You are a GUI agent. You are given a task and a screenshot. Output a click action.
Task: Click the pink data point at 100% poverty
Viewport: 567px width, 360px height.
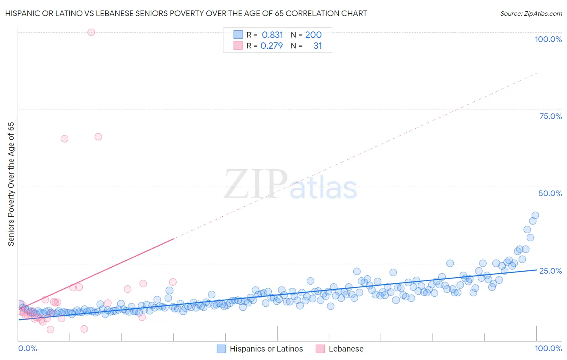91,32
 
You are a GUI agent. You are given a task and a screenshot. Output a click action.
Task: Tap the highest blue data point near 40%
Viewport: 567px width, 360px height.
535,216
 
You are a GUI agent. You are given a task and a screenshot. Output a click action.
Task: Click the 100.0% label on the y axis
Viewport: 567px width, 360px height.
548,39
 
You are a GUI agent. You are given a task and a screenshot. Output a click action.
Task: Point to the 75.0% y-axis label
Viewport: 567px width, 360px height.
550,116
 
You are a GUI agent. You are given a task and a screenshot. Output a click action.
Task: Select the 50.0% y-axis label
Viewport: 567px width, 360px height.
550,193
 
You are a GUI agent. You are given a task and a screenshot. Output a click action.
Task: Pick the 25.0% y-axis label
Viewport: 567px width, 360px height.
550,270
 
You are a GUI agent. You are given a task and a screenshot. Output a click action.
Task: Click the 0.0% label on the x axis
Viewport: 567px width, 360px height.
27,348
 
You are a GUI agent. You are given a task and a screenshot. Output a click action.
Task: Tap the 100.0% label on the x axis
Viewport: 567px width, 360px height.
548,348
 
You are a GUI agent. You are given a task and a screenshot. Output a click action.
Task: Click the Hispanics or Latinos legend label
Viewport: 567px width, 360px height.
266,349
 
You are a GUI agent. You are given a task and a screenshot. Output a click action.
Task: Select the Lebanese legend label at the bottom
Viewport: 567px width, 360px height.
346,349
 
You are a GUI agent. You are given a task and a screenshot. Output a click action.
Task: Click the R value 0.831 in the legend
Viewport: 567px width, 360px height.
273,35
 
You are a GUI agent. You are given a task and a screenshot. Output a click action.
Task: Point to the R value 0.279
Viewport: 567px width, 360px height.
272,46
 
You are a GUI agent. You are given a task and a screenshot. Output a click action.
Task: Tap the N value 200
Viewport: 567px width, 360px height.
313,35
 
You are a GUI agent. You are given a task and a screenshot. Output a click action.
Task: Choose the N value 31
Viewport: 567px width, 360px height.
318,46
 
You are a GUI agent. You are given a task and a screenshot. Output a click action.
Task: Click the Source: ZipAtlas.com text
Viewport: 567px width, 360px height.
531,13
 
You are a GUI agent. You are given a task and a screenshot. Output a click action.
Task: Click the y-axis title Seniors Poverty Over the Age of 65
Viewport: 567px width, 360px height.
11,184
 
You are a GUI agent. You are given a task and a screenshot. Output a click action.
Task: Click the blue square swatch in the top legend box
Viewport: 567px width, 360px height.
238,35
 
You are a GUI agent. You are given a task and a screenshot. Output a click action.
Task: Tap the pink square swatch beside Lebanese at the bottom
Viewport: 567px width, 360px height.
320,349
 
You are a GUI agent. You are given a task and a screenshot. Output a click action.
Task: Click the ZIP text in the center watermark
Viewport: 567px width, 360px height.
256,184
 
